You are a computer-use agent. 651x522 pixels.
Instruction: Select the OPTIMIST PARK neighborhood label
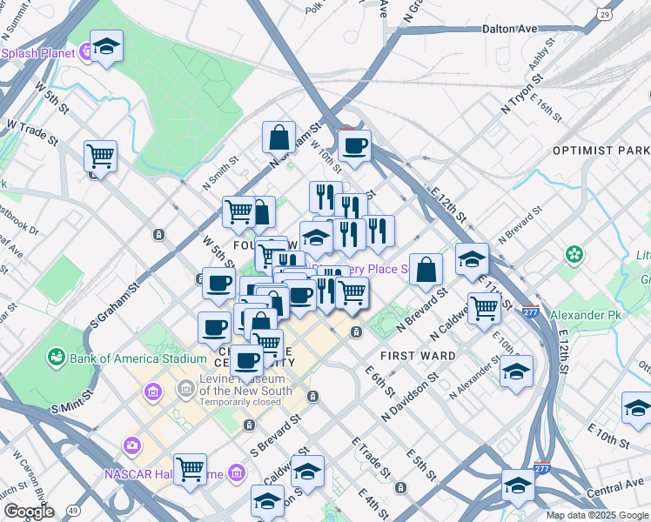coord(601,151)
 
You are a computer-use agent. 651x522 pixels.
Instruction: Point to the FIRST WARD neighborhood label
coord(418,356)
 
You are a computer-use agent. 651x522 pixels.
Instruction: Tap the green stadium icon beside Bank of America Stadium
coord(57,357)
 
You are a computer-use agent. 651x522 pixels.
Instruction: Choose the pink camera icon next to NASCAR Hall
coord(132,446)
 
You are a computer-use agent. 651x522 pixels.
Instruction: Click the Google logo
coord(28,512)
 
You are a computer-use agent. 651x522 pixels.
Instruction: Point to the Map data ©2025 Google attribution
coord(597,515)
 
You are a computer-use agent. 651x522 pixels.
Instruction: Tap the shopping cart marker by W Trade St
coord(101,157)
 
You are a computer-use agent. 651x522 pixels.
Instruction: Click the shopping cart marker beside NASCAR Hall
coord(190,469)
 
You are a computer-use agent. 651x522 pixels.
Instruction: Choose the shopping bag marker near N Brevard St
coord(426,270)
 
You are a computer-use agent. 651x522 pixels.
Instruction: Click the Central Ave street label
coord(614,492)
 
